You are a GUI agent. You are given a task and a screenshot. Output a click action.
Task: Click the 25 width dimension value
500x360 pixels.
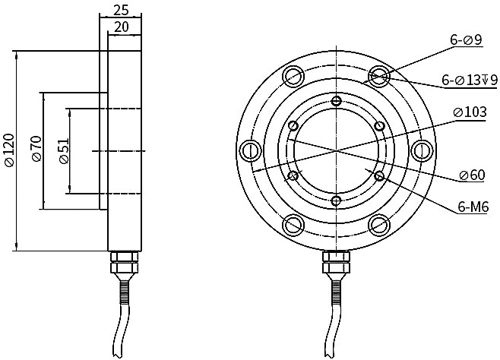121,10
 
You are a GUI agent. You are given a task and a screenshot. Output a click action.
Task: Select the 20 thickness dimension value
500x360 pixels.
121,27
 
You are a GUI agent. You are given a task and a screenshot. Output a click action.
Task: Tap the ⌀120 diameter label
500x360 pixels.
8,150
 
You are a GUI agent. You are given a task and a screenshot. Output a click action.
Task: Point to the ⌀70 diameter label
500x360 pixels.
35,150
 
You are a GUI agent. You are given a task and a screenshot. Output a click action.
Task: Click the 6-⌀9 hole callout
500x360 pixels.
466,40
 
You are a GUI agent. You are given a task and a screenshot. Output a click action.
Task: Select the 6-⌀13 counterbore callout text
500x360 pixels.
470,80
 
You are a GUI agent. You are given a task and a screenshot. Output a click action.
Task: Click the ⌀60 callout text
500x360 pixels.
472,175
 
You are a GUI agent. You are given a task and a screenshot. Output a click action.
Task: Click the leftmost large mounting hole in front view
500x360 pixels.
249,150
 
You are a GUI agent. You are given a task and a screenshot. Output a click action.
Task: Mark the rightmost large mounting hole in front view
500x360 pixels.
422,150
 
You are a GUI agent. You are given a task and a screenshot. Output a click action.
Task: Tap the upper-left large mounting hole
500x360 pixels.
293,75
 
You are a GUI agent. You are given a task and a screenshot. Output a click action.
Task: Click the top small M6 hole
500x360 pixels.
336,100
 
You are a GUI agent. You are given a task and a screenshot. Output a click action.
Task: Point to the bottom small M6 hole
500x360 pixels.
336,200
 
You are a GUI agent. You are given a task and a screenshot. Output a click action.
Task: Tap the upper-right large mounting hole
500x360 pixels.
379,75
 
